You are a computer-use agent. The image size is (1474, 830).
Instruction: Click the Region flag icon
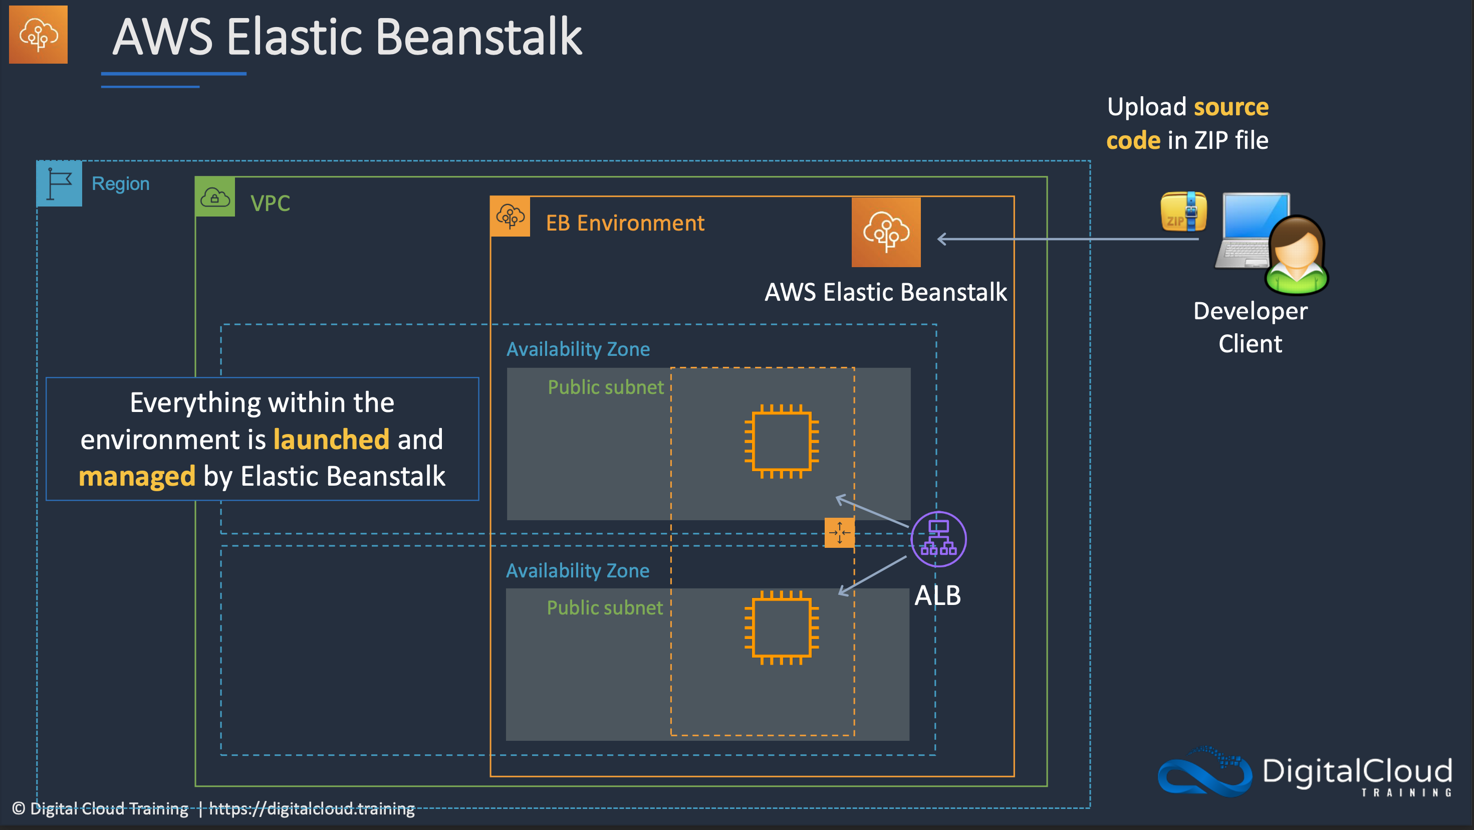click(59, 183)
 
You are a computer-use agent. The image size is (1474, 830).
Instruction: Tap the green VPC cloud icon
click(214, 197)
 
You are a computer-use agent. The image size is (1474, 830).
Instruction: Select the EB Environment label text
click(625, 223)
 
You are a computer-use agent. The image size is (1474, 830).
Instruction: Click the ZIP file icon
click(1183, 212)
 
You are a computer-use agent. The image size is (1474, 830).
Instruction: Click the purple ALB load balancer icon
click(938, 539)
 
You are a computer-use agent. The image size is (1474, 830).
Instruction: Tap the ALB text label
click(937, 595)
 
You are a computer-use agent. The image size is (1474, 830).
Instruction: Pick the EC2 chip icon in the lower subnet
click(781, 628)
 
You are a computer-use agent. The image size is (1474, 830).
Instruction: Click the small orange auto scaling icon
click(839, 532)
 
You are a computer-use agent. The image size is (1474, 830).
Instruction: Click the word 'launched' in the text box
click(331, 440)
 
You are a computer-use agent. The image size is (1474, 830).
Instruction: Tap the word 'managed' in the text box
click(137, 476)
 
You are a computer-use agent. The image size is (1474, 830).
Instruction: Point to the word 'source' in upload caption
click(1231, 107)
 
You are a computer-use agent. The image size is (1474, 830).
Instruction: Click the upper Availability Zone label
click(578, 349)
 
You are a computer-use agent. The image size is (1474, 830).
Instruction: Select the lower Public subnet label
click(605, 607)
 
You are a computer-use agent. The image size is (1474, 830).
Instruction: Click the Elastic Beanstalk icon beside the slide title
click(39, 35)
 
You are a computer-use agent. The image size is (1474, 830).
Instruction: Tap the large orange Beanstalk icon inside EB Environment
click(886, 232)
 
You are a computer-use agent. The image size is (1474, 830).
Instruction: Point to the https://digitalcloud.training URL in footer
click(312, 808)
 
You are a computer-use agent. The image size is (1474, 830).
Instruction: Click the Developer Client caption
click(1250, 327)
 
